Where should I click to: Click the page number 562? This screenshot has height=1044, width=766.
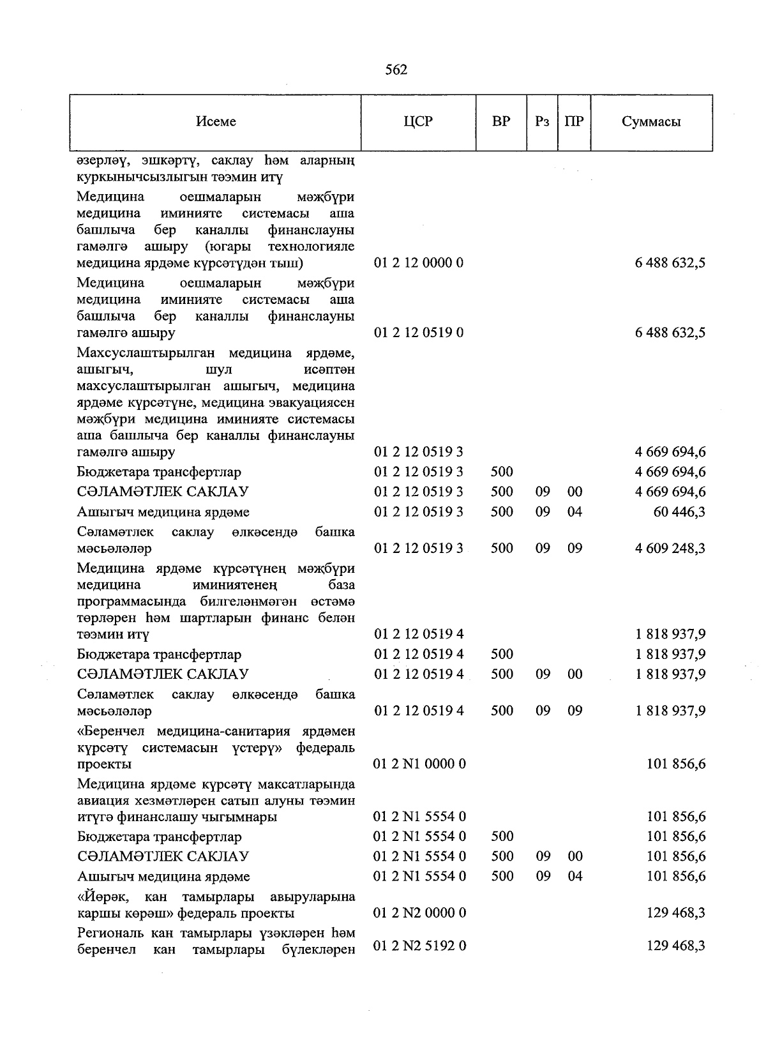[396, 70]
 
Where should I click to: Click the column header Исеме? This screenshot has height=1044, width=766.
[216, 121]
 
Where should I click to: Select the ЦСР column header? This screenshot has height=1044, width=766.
[418, 121]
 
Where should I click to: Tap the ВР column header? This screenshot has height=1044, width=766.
[501, 121]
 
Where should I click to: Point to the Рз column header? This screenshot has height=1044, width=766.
[542, 121]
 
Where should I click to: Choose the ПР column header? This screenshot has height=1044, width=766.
[574, 121]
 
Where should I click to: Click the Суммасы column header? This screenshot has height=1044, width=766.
[651, 121]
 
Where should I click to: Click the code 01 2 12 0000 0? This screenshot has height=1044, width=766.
[418, 263]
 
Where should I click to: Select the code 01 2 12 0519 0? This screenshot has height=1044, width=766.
[418, 333]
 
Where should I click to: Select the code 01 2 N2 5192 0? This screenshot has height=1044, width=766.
[419, 946]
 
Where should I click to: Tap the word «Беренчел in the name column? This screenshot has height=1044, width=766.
[112, 731]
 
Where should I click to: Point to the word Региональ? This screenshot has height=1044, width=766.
[109, 934]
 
